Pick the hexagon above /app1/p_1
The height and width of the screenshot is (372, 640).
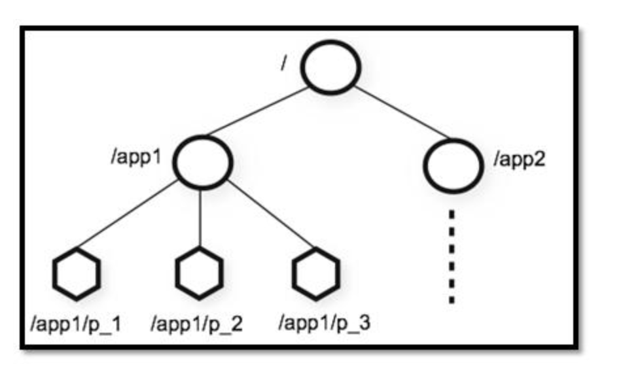[77, 274]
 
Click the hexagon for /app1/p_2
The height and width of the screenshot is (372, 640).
[200, 274]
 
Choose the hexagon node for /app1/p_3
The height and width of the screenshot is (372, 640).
[315, 274]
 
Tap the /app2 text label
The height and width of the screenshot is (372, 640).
[519, 160]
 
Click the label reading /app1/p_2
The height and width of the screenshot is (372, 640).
[197, 324]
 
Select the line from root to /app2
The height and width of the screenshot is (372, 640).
[400, 111]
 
